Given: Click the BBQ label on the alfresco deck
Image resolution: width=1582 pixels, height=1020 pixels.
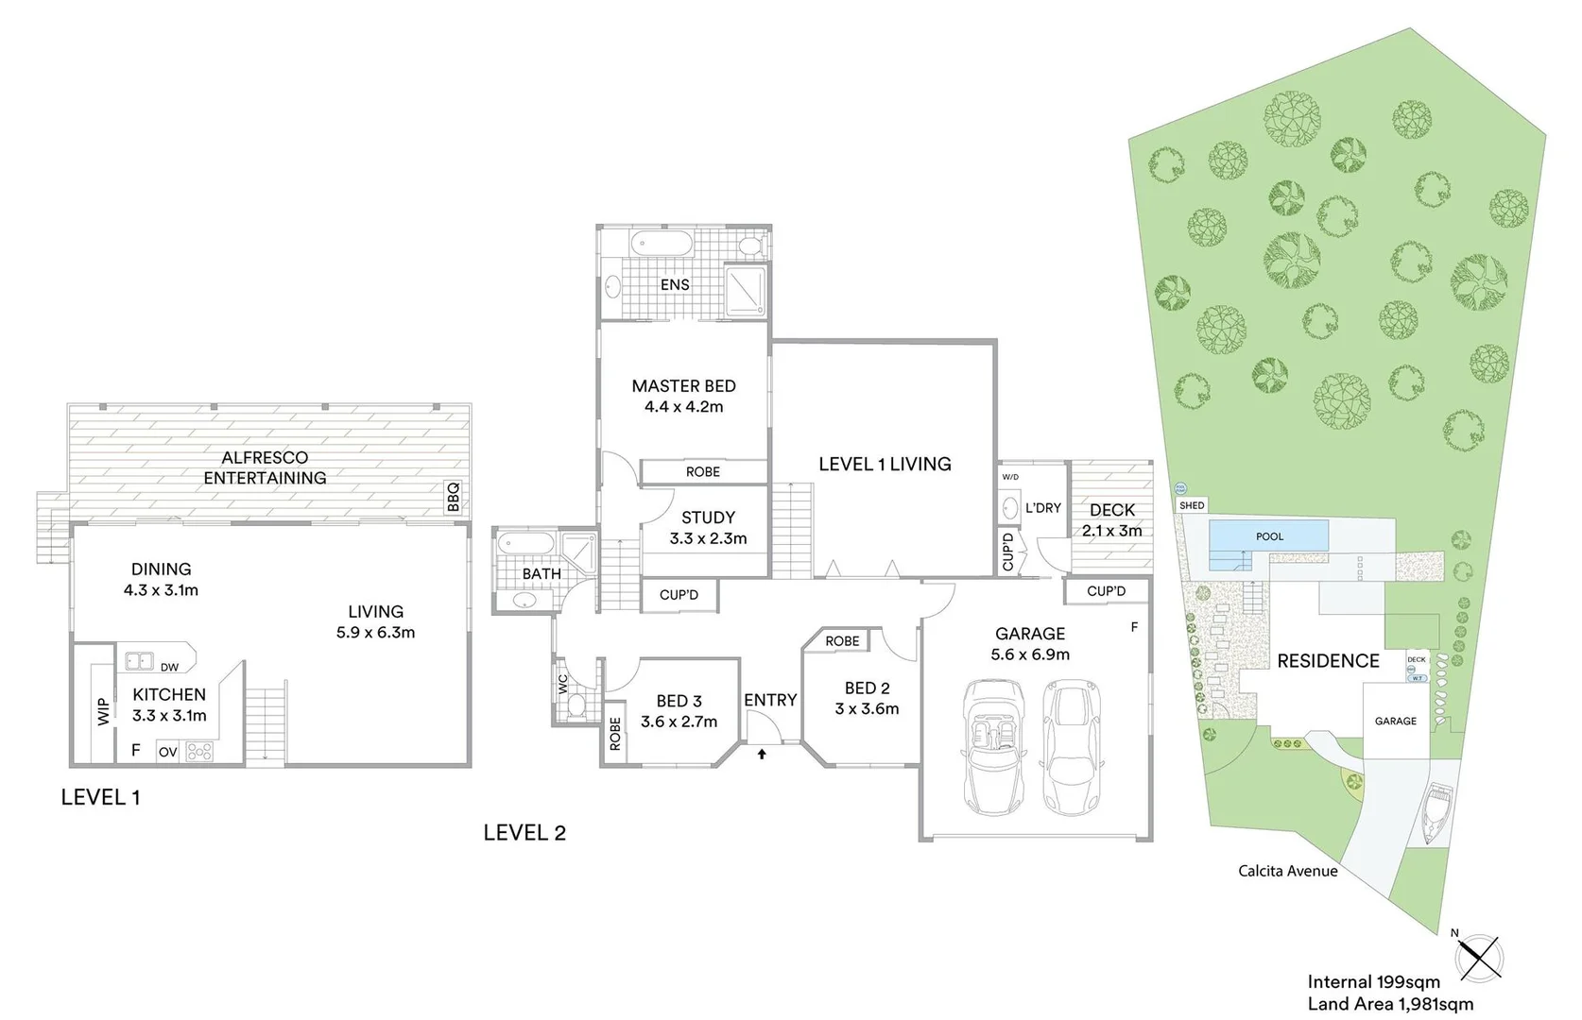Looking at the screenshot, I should (453, 497).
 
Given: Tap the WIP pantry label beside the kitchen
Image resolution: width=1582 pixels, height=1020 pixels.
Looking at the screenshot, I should (103, 711).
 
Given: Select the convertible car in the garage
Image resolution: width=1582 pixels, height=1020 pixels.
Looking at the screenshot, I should (991, 748).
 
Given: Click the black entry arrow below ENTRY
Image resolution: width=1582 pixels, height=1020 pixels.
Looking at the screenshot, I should (762, 754).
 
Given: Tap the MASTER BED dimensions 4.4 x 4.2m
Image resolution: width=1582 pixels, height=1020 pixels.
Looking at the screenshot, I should (683, 407).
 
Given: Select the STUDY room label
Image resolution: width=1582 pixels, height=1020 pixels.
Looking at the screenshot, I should (708, 518).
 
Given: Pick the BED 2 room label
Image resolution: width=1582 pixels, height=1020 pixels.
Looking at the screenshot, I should (867, 688).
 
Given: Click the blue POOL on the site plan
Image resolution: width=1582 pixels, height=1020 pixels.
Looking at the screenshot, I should (1269, 536).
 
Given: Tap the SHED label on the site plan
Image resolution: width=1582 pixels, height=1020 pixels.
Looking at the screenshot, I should (1192, 506).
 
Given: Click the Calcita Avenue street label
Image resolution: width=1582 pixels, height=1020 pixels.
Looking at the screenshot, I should (1287, 871).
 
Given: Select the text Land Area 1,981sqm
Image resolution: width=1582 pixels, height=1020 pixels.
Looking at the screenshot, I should (1389, 1004).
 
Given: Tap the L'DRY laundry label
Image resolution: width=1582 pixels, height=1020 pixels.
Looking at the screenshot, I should (1043, 508).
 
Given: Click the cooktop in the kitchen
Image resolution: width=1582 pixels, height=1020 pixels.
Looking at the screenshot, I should (200, 752).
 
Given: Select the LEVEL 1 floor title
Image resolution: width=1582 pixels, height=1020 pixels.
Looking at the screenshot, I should (100, 797).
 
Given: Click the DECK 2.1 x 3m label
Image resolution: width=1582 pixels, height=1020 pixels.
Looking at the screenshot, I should (1111, 520).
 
